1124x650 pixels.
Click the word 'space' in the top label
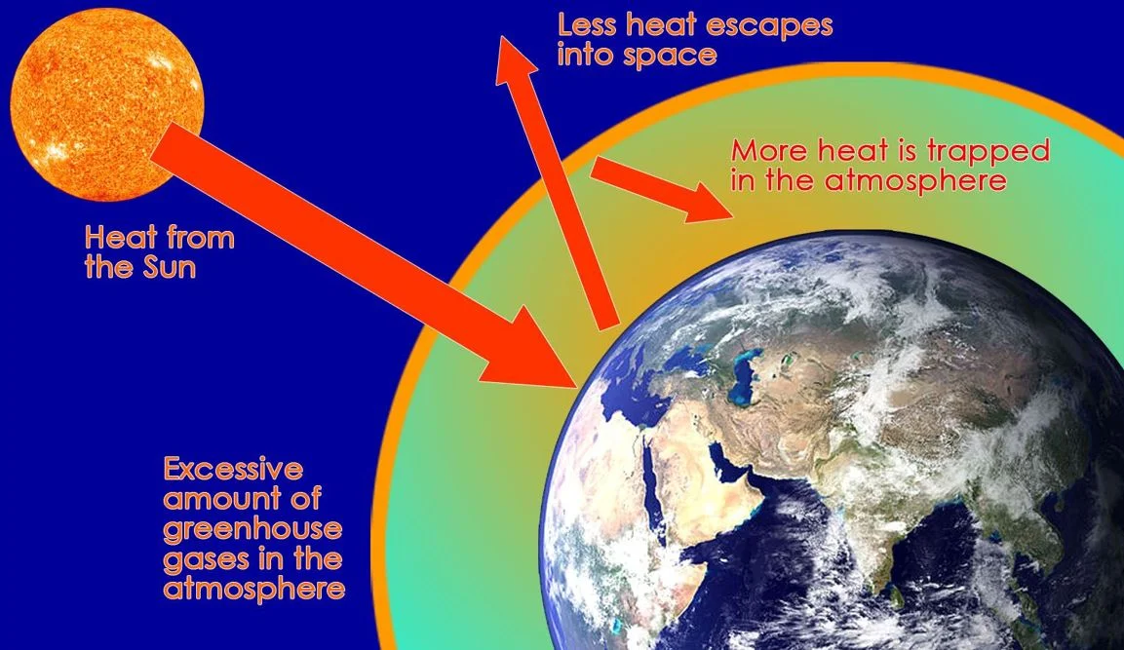tap(674, 53)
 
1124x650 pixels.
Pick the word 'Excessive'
tap(233, 470)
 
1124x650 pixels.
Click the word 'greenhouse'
tap(252, 530)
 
